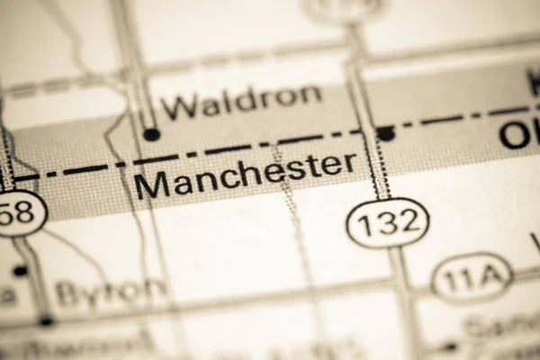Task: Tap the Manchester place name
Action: (x=245, y=174)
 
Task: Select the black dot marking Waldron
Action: (x=151, y=134)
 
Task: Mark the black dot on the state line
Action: (x=385, y=133)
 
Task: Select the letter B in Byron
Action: (x=68, y=294)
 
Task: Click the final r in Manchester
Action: (x=349, y=163)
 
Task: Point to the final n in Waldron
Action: (x=310, y=94)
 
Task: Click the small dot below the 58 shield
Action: (x=20, y=270)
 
